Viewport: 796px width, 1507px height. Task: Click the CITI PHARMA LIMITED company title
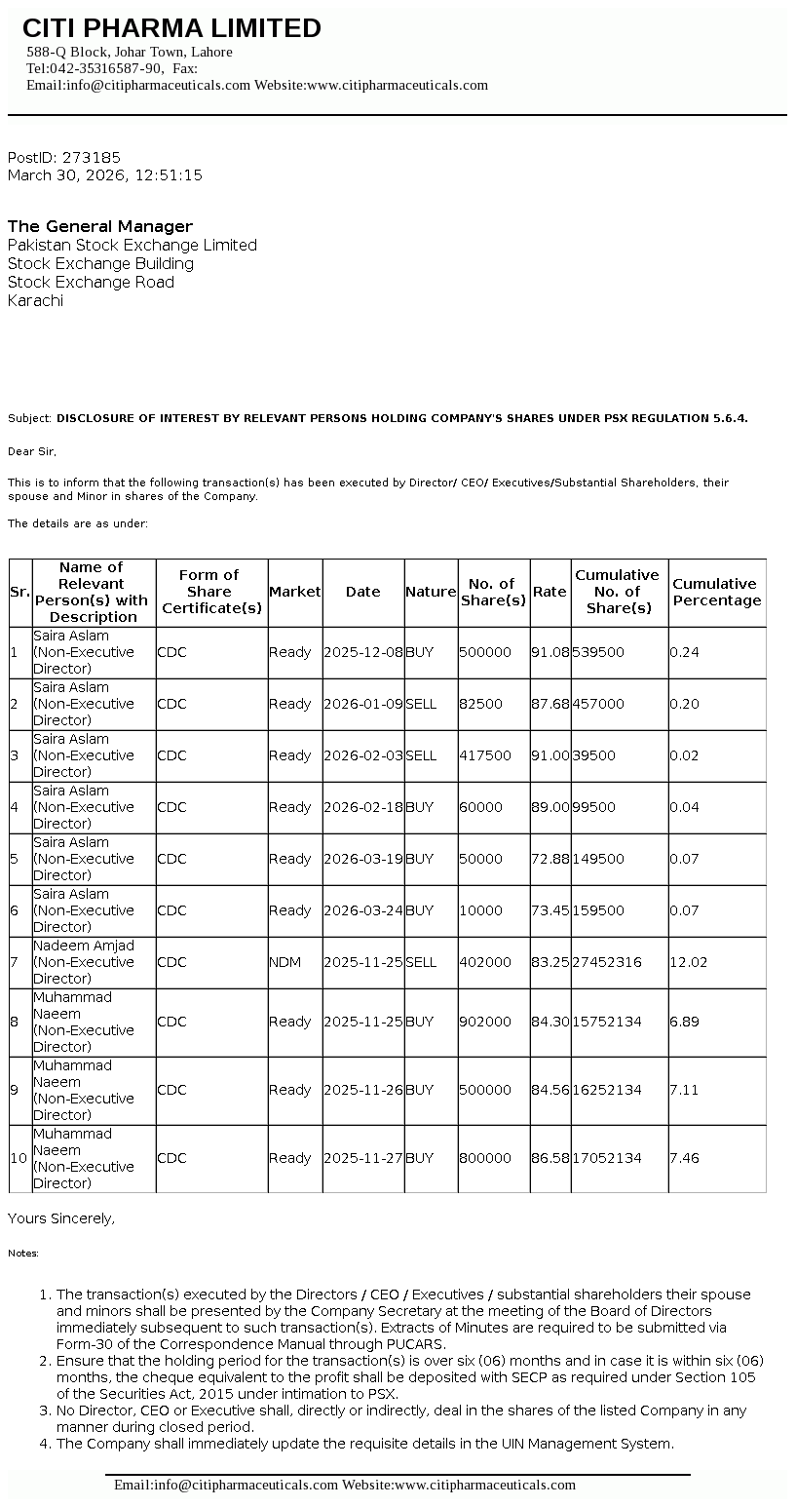[171, 28]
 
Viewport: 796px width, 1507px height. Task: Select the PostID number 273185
[92, 157]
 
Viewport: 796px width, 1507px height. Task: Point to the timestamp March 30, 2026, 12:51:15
[105, 175]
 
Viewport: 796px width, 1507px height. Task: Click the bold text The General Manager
[100, 226]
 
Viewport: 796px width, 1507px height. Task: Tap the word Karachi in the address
[35, 300]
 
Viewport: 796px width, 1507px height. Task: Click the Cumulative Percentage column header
[717, 592]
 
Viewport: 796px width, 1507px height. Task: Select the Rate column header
[550, 592]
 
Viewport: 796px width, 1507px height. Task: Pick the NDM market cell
[285, 962]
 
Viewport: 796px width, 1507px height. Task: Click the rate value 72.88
[550, 859]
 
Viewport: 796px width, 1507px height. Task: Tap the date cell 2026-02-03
[363, 755]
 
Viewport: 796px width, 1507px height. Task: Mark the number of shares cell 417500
[485, 755]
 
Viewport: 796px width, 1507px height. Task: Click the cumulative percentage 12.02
[687, 962]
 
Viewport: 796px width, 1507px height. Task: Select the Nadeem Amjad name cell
[84, 946]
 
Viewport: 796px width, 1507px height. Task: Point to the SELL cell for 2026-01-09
[421, 704]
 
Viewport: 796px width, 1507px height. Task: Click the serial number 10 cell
[19, 1158]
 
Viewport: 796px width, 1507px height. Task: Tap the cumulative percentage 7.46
[684, 1158]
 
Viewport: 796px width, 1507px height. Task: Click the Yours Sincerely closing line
[61, 1218]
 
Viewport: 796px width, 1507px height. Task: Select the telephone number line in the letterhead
[112, 68]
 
